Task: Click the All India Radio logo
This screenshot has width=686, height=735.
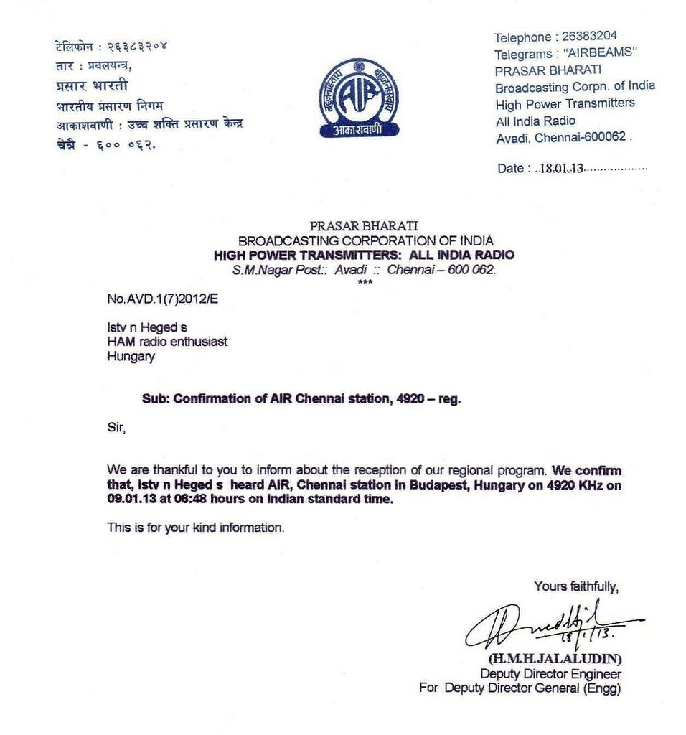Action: pyautogui.click(x=358, y=98)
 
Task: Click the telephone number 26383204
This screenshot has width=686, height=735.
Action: pyautogui.click(x=589, y=37)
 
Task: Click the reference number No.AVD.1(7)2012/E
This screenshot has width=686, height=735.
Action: pyautogui.click(x=162, y=299)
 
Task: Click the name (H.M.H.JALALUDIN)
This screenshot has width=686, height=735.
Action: pyautogui.click(x=555, y=658)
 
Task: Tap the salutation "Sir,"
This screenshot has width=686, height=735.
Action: pyautogui.click(x=116, y=429)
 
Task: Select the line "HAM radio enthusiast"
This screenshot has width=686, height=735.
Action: pyautogui.click(x=167, y=342)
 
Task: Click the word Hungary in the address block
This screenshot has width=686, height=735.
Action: pyautogui.click(x=131, y=356)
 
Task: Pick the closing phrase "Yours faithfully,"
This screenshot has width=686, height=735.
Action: pyautogui.click(x=576, y=586)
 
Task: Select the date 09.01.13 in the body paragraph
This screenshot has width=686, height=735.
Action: pyautogui.click(x=128, y=500)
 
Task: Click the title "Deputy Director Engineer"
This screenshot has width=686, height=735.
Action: pyautogui.click(x=550, y=674)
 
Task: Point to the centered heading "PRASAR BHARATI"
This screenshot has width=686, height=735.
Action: pyautogui.click(x=364, y=226)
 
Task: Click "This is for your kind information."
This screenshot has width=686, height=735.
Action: pyautogui.click(x=196, y=528)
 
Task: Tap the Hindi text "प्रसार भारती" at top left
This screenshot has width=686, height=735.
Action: pyautogui.click(x=92, y=85)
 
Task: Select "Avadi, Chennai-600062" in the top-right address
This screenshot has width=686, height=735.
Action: pyautogui.click(x=561, y=137)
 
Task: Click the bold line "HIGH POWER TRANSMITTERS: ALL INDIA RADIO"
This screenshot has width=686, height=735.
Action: pyautogui.click(x=364, y=255)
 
